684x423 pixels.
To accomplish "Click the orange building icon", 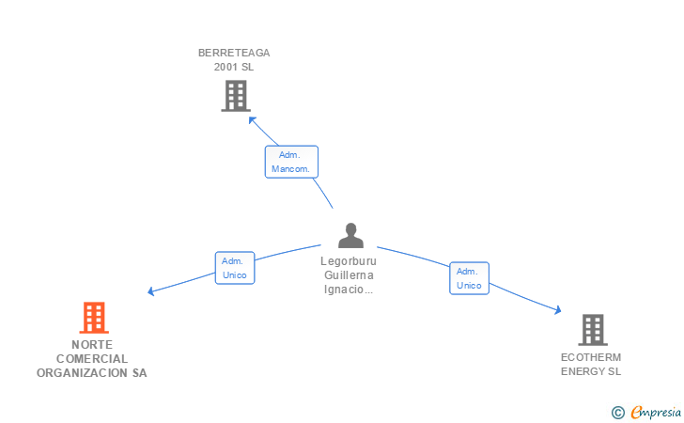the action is click(94, 318).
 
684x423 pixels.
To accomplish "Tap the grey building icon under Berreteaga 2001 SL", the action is click(236, 96).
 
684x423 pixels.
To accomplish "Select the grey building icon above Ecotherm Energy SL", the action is click(593, 330).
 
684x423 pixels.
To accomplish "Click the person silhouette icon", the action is click(350, 235).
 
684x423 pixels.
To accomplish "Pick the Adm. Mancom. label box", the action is click(291, 162).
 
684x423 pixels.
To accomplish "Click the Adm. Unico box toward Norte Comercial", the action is click(235, 268).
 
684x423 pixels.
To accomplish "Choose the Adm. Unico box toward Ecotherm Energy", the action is click(470, 278).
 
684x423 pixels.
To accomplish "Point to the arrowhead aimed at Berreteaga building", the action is click(252, 119).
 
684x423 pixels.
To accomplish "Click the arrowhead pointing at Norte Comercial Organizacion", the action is click(150, 291).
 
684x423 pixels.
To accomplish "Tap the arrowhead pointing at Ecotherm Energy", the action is click(558, 310).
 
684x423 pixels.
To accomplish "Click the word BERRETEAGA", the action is click(234, 53).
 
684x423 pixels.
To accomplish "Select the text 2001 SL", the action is click(234, 67).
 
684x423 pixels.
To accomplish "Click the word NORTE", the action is click(92, 345).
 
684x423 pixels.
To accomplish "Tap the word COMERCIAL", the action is click(92, 359).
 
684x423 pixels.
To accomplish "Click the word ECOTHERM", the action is click(591, 357).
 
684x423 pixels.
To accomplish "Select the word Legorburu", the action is click(349, 261).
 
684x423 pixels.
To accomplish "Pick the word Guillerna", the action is click(349, 275).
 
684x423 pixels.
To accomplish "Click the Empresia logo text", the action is click(656, 412).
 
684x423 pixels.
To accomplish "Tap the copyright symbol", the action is click(618, 413).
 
